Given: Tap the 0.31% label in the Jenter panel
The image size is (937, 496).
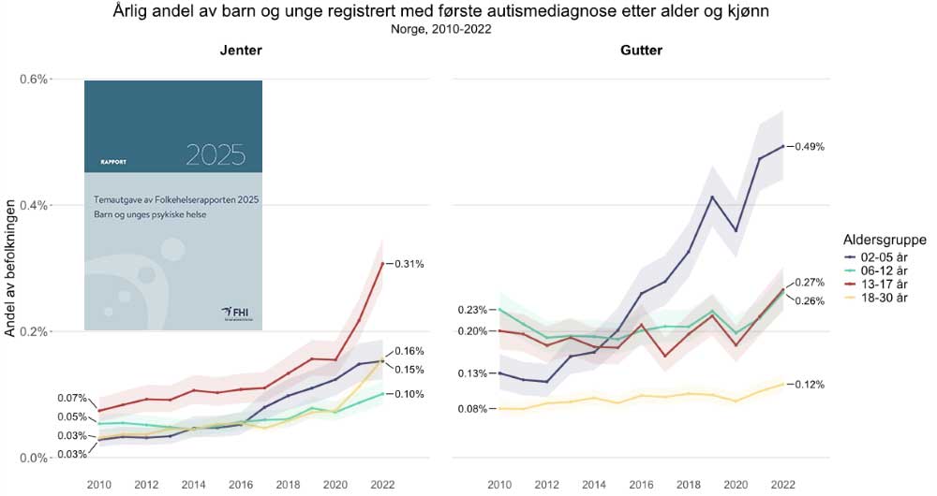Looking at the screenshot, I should click(409, 265).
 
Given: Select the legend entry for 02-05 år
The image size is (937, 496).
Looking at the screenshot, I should click(877, 255).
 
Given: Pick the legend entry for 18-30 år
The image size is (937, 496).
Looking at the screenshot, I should click(877, 298).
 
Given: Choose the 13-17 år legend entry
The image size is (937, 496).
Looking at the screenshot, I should click(877, 284).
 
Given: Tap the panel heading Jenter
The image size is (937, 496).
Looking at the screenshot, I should click(240, 51).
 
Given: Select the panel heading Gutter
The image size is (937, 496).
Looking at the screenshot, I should click(641, 51).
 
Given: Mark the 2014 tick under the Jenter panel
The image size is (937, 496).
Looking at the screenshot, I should click(193, 485).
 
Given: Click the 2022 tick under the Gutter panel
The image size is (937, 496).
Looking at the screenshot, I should click(783, 485).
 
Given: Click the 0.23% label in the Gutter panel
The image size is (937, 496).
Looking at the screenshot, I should click(472, 310).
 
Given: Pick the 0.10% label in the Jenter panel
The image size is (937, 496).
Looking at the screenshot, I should click(409, 394).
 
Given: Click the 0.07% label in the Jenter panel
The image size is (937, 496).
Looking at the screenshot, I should click(72, 398).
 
